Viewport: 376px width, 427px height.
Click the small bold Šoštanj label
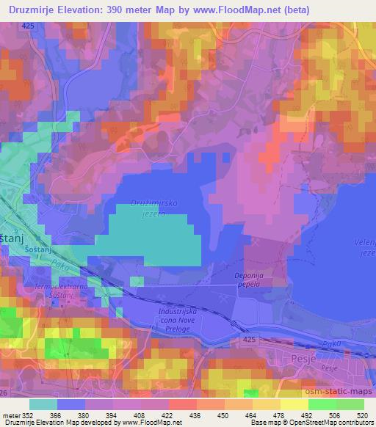pyautogui.click(x=26, y=249)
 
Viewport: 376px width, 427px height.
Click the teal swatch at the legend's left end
pyautogui.click(x=43, y=404)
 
